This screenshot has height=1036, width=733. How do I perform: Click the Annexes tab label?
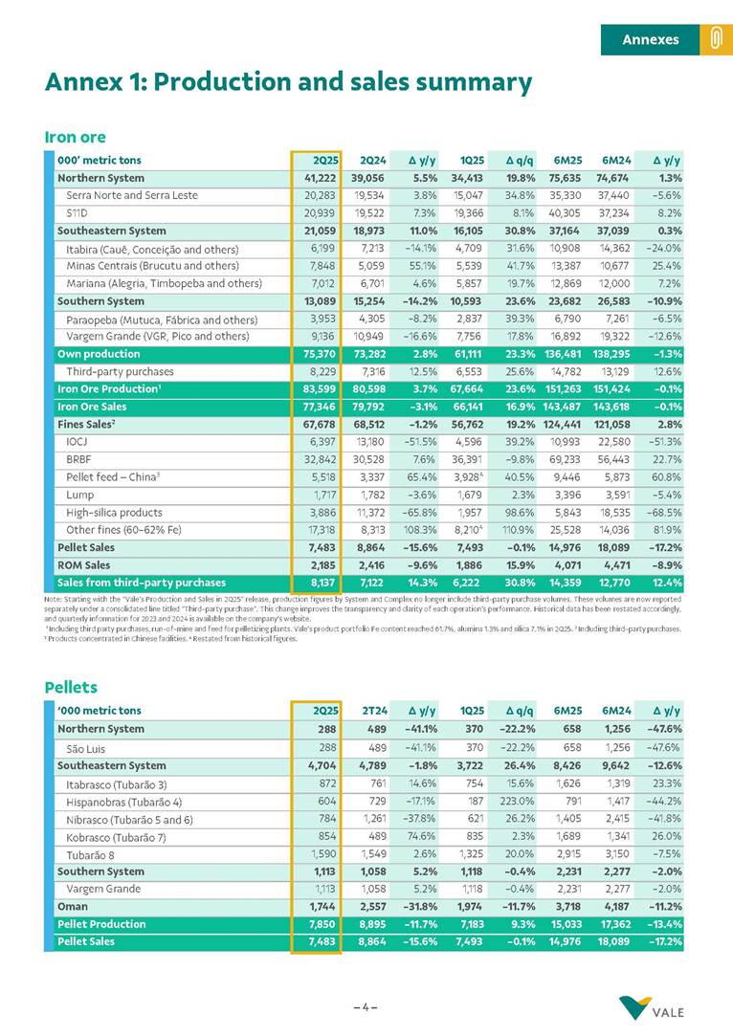(x=650, y=39)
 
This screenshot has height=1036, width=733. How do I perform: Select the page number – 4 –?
(x=366, y=1006)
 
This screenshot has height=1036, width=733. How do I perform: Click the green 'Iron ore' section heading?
(x=75, y=138)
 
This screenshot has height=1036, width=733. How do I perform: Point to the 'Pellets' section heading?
(x=71, y=687)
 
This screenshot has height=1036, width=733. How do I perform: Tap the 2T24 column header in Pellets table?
(x=372, y=711)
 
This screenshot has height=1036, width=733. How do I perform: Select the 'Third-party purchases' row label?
(x=120, y=371)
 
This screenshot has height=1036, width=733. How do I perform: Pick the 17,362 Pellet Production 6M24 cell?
(x=614, y=924)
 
